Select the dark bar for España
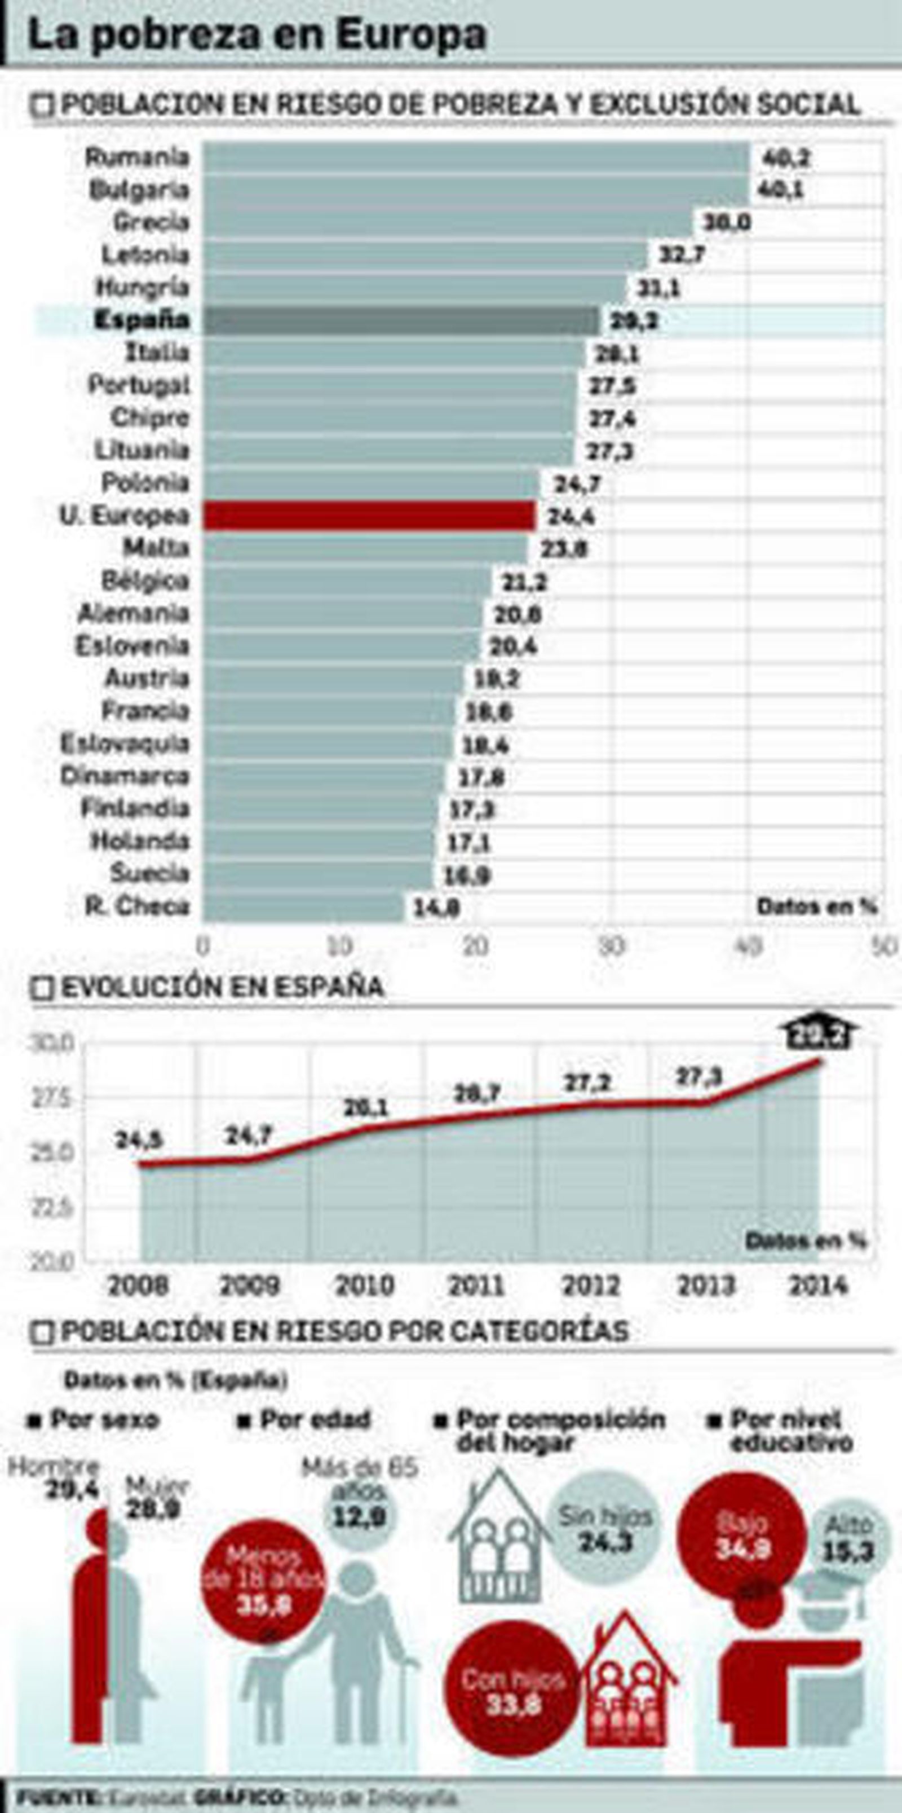coord(401,320)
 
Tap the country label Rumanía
coord(137,156)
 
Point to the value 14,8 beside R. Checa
coord(436,908)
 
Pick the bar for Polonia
coord(371,483)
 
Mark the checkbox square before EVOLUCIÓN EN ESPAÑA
coord(42,989)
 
